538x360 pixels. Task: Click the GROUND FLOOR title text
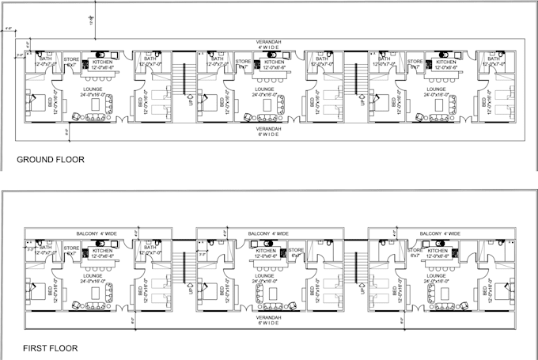(51, 160)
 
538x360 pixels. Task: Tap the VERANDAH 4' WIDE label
(269, 44)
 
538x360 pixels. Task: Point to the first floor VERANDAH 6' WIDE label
(269, 321)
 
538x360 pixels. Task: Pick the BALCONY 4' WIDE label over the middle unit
(268, 233)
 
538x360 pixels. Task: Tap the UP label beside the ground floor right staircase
(362, 101)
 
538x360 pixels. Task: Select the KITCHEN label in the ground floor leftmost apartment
(103, 64)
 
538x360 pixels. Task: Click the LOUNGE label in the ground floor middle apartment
(265, 91)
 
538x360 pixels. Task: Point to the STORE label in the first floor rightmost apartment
(415, 252)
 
